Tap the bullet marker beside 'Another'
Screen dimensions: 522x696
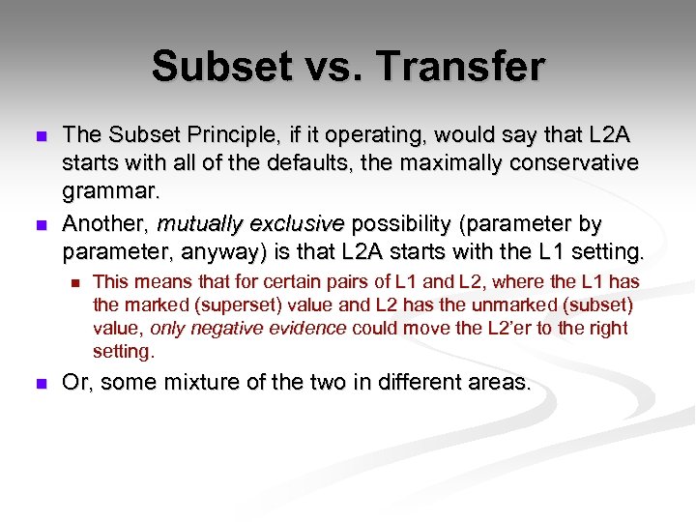tap(40, 225)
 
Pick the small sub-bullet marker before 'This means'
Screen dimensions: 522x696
tap(72, 283)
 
